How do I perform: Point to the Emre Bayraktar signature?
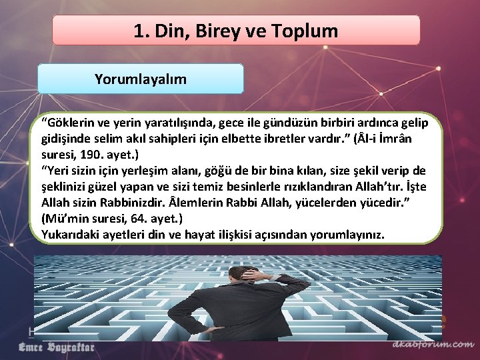[56, 347]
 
